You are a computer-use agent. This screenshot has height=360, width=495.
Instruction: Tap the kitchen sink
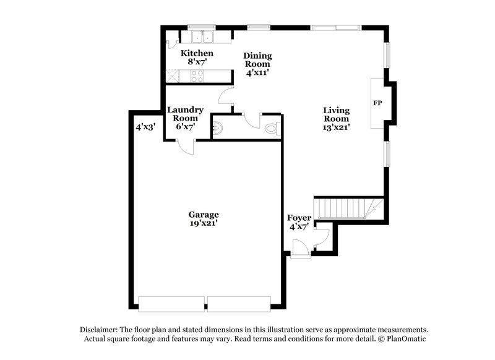(x=202, y=37)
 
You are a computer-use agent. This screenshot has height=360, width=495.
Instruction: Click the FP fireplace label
(x=377, y=102)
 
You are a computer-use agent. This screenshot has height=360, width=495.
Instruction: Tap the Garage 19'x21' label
(x=204, y=219)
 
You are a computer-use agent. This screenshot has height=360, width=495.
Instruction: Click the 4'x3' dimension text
(x=145, y=127)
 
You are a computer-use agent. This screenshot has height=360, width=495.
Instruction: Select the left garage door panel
(x=171, y=303)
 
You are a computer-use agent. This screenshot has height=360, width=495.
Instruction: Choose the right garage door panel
(x=239, y=303)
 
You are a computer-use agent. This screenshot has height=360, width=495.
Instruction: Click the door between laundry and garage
(x=185, y=147)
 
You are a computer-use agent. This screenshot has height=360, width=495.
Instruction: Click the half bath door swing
(x=253, y=120)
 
